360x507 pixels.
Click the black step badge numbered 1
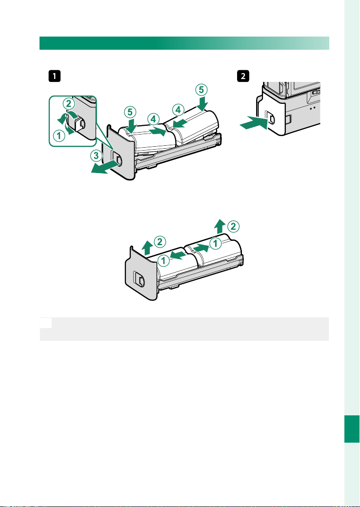tap(54, 77)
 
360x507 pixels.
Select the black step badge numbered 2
tap(243, 77)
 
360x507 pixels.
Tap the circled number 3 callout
tap(95, 157)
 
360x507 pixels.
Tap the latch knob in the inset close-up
tap(78, 123)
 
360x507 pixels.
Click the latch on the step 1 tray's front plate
tap(117, 159)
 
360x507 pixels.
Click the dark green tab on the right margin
tap(352, 429)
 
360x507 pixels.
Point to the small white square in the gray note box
tap(45, 323)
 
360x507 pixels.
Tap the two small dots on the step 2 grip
tap(312, 109)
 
